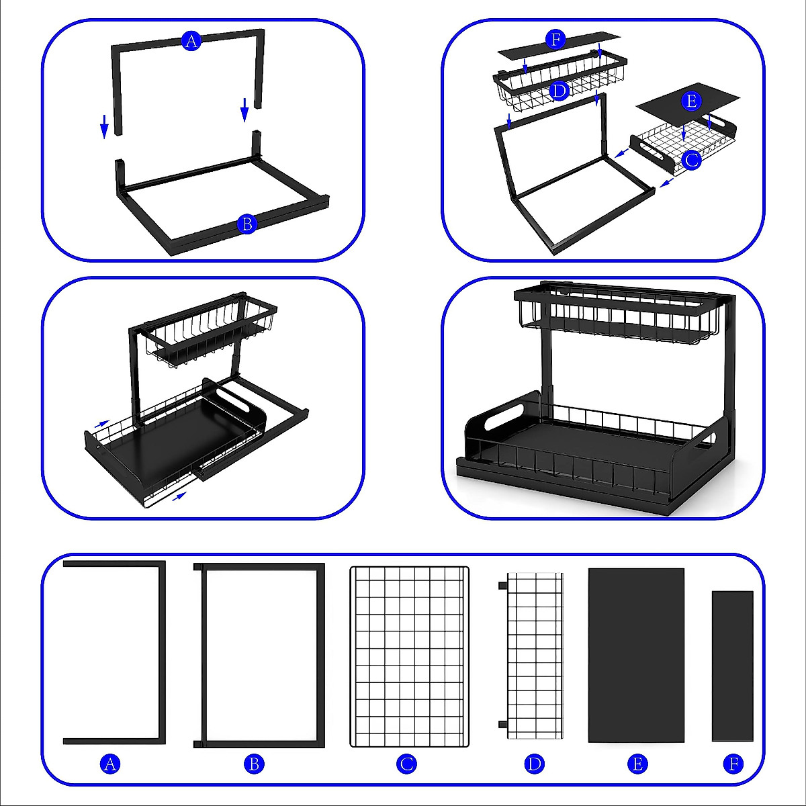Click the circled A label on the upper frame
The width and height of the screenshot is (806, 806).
pos(191,42)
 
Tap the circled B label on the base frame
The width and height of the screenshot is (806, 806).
pos(247,224)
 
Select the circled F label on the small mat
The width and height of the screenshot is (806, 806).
pos(555,40)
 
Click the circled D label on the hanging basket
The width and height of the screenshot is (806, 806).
pos(559,91)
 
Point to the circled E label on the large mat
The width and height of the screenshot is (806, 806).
pos(691,101)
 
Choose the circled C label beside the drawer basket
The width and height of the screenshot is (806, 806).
pos(691,160)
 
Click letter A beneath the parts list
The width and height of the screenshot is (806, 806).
pos(110,764)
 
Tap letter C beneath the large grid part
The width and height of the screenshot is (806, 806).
pos(406,764)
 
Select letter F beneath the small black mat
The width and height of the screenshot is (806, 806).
pos(733,764)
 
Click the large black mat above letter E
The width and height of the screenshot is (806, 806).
pos(636,655)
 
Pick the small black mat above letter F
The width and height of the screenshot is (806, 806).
pos(732,666)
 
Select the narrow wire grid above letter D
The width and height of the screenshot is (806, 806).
pos(535,655)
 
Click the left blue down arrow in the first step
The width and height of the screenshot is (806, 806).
pos(104,126)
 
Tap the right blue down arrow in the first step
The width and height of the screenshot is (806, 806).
pos(245,109)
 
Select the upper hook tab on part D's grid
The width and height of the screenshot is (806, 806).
pos(502,586)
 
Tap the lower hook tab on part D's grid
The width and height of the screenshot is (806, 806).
pos(502,724)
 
